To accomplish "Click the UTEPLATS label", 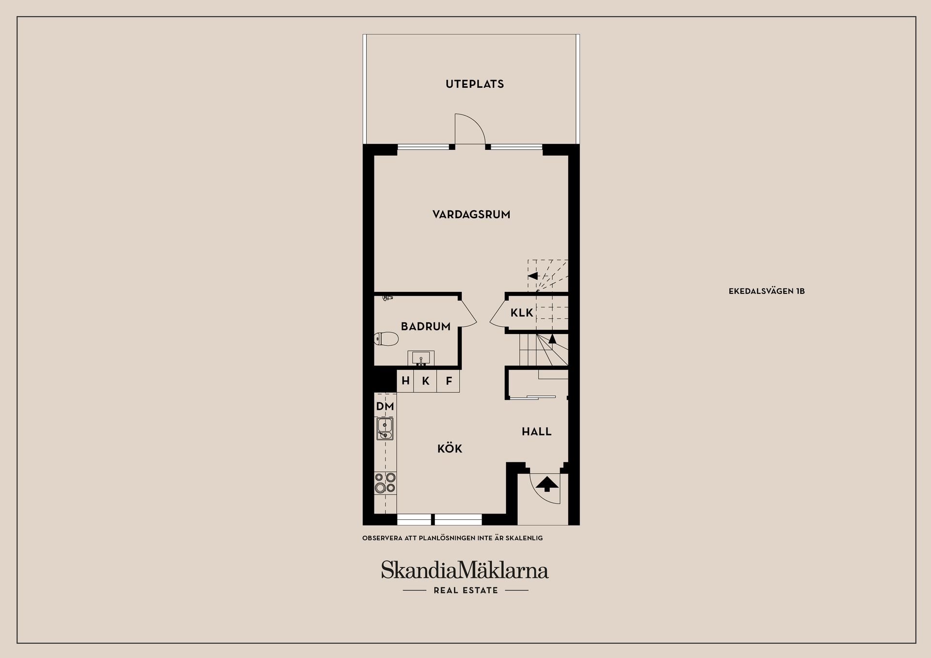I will (x=475, y=84).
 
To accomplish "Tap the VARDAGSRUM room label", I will (x=471, y=214).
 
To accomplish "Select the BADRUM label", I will (x=425, y=326).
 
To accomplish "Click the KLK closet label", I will (x=522, y=313).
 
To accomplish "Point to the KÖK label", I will (x=449, y=449).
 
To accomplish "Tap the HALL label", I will (x=536, y=432).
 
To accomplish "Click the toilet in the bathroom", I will (x=386, y=338).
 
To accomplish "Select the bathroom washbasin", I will (x=421, y=358).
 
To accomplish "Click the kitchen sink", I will (x=385, y=429).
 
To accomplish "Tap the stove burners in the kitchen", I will (x=385, y=483).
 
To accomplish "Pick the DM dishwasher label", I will (x=385, y=406).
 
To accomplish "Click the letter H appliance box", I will (x=406, y=381).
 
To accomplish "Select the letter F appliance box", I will (x=449, y=381).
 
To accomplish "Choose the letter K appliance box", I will (x=426, y=381).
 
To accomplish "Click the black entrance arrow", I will (x=546, y=483).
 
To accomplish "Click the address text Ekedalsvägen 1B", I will (x=767, y=291).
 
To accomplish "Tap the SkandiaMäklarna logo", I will (x=465, y=570).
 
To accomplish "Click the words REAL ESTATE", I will (x=465, y=591).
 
